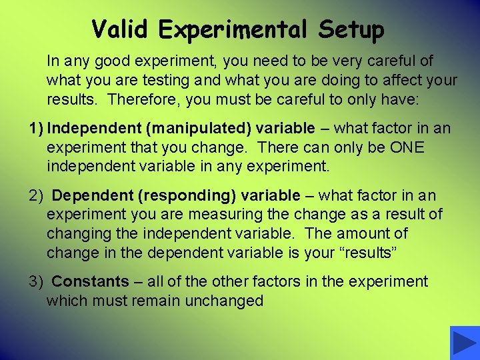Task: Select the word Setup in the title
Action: point(351,30)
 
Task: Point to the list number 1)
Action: point(37,128)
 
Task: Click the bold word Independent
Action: point(89,128)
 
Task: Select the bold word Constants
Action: point(90,282)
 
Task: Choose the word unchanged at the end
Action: point(225,301)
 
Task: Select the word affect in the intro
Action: point(399,81)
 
